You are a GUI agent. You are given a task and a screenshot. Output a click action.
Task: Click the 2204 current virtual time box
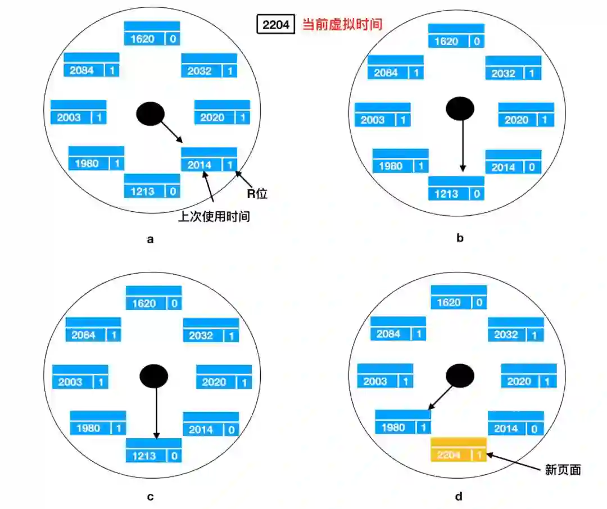(275, 25)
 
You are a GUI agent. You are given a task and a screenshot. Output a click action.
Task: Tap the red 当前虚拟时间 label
(342, 25)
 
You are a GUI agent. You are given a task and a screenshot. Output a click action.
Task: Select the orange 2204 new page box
(458, 449)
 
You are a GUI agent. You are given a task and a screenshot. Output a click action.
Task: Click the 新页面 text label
(563, 470)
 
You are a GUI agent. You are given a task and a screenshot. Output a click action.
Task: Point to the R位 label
(257, 194)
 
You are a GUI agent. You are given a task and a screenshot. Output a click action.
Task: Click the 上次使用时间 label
(214, 216)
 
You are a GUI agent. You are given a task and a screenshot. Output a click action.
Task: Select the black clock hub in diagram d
(460, 375)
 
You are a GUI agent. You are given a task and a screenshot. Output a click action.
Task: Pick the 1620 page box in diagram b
(456, 36)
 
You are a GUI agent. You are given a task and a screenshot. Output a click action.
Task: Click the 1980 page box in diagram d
(402, 422)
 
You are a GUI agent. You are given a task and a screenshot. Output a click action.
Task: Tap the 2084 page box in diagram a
(92, 65)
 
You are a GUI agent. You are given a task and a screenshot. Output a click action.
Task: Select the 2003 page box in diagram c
(80, 376)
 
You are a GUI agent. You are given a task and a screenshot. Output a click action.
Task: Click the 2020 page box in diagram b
(526, 115)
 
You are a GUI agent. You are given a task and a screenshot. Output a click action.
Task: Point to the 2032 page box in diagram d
(515, 330)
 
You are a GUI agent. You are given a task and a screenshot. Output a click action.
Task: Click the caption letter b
(460, 238)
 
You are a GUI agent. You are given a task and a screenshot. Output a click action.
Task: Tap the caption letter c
(150, 496)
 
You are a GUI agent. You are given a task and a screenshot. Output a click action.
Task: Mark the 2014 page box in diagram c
(211, 424)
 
